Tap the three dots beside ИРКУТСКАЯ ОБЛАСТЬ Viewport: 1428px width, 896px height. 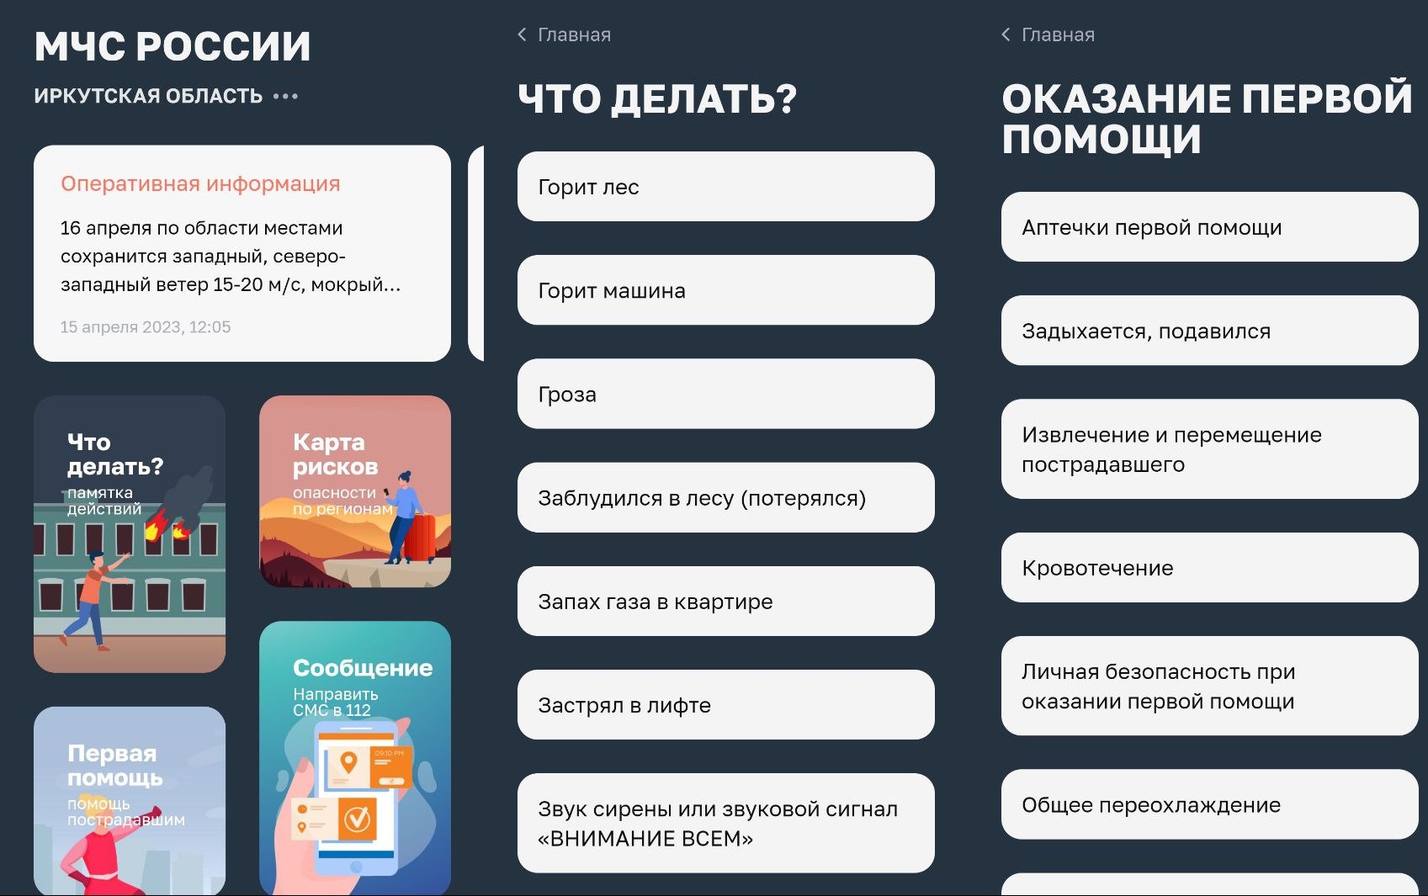click(x=285, y=96)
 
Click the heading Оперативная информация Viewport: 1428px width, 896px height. click(x=200, y=183)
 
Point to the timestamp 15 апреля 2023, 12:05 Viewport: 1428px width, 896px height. click(x=146, y=327)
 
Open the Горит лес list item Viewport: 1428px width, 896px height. click(x=726, y=187)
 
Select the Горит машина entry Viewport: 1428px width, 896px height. click(x=726, y=290)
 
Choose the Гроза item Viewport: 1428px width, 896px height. click(x=726, y=395)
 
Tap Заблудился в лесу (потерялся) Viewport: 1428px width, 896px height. click(x=726, y=498)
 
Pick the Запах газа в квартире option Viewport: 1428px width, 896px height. click(x=726, y=602)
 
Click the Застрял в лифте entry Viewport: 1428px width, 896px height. click(x=726, y=705)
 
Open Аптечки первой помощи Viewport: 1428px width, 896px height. click(x=1210, y=227)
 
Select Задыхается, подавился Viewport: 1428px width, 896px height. click(x=1210, y=331)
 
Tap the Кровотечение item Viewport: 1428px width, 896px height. click(x=1210, y=568)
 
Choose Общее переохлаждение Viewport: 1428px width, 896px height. click(x=1210, y=805)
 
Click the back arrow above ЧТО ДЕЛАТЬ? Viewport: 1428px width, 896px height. click(x=522, y=34)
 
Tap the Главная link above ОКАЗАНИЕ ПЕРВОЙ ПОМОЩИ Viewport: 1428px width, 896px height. click(x=1058, y=34)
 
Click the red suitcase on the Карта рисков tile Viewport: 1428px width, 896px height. click(x=420, y=538)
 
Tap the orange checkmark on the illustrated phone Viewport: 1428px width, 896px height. click(x=358, y=818)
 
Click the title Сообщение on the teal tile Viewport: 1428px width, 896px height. click(x=363, y=668)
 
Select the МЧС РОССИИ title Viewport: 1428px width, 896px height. click(x=173, y=46)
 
